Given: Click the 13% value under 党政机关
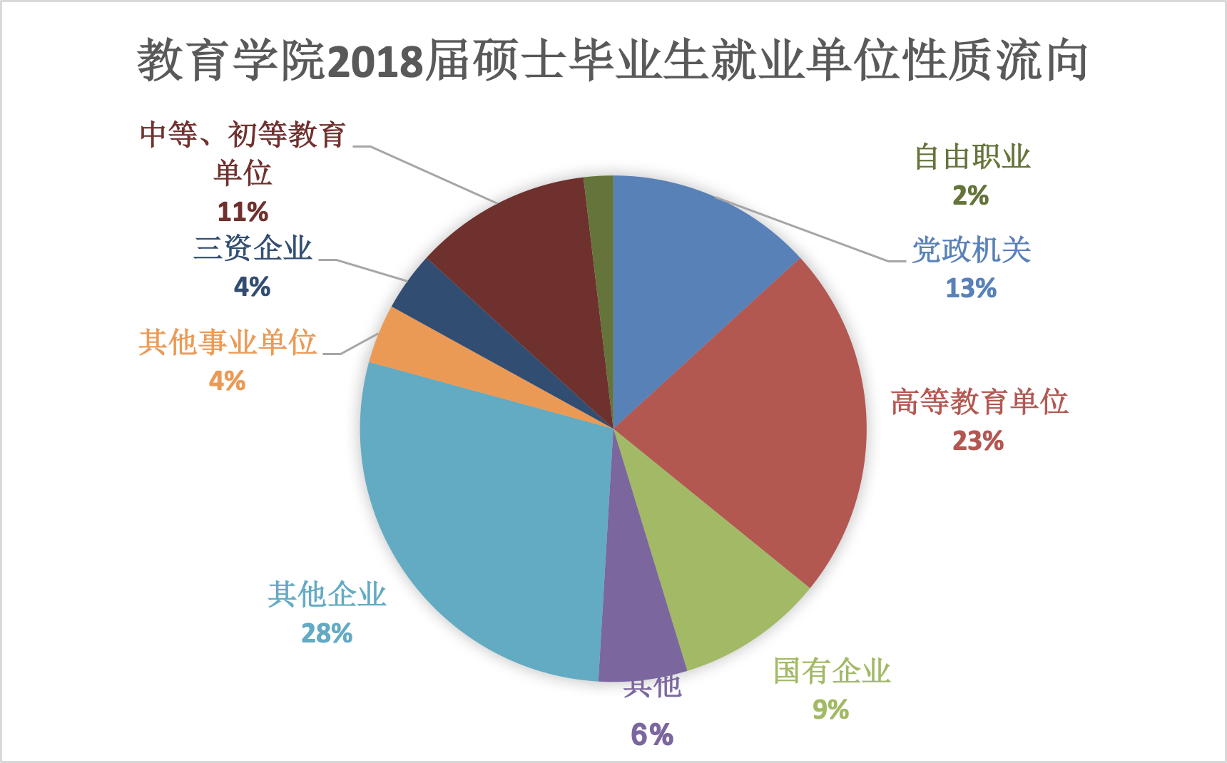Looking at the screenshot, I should [x=971, y=288].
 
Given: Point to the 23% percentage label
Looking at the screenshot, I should [x=978, y=441].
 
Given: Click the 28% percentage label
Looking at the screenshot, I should [x=327, y=633].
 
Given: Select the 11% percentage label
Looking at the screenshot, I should [x=243, y=212].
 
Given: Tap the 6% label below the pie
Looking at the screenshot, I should [x=652, y=734].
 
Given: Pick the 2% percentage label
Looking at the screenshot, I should [x=971, y=195].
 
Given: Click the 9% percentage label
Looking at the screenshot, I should [x=831, y=710].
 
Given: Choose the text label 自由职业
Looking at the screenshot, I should [x=972, y=158].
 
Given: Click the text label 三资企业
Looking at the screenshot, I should [x=253, y=248].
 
